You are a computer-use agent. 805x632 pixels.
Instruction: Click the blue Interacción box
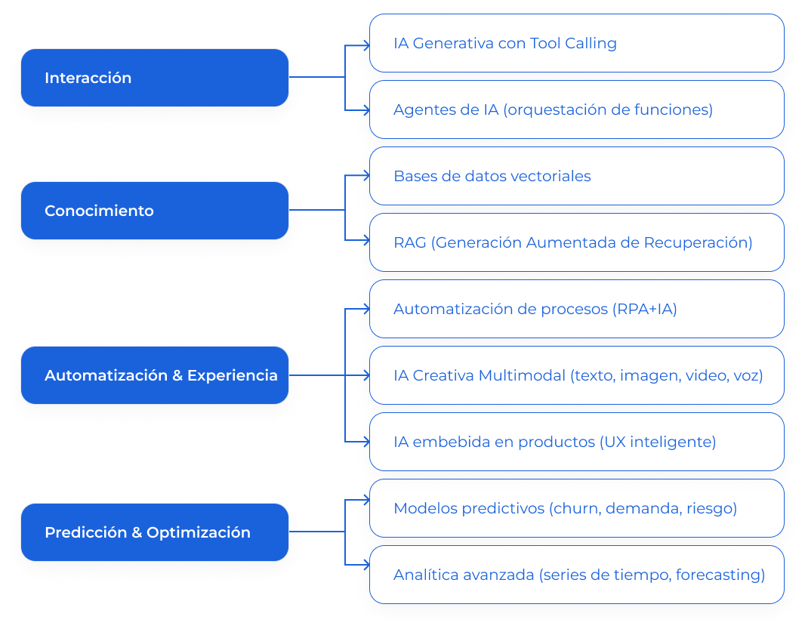[x=154, y=78]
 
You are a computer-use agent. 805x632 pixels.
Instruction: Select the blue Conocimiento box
[x=154, y=211]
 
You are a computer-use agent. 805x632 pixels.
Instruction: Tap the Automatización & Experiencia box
[x=154, y=375]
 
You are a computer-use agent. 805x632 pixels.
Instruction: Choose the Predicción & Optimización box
[x=154, y=532]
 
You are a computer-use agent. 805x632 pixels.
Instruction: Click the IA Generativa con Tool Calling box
[x=576, y=44]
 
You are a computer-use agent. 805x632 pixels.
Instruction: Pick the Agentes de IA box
[x=576, y=110]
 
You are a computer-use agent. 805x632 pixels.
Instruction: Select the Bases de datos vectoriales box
[x=576, y=177]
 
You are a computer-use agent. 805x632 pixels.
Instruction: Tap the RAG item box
[x=576, y=243]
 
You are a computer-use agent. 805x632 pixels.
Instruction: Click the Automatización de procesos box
[x=576, y=310]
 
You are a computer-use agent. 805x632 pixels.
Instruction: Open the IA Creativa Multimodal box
[x=576, y=375]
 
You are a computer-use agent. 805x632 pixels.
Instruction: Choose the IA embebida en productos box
[x=576, y=442]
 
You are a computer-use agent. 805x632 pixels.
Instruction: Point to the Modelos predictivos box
[x=576, y=508]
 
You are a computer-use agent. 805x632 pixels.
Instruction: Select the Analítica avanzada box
[x=576, y=575]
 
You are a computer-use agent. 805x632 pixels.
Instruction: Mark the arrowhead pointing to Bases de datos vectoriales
[x=365, y=177]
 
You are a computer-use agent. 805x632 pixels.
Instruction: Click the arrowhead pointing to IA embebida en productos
[x=365, y=442]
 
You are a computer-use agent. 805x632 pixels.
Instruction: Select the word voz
[x=747, y=375]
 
